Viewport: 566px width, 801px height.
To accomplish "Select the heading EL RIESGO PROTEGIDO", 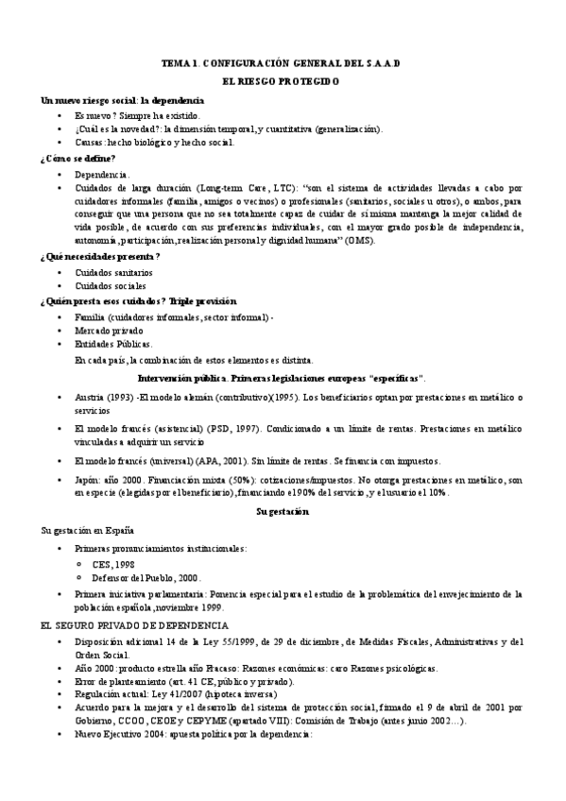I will click(x=282, y=83).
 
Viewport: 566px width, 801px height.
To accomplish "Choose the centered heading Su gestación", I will click(x=283, y=511).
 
